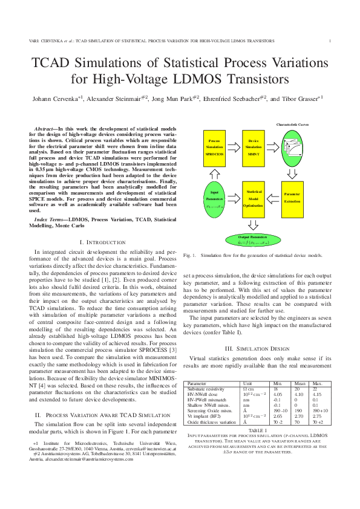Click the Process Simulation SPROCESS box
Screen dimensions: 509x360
(x=215, y=147)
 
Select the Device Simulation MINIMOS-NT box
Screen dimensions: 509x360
(x=254, y=147)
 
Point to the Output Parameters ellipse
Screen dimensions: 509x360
(x=254, y=241)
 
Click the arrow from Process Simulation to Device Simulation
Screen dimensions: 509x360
(x=234, y=147)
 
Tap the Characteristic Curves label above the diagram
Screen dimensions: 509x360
(x=293, y=124)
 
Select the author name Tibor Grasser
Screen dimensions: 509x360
(x=300, y=98)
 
